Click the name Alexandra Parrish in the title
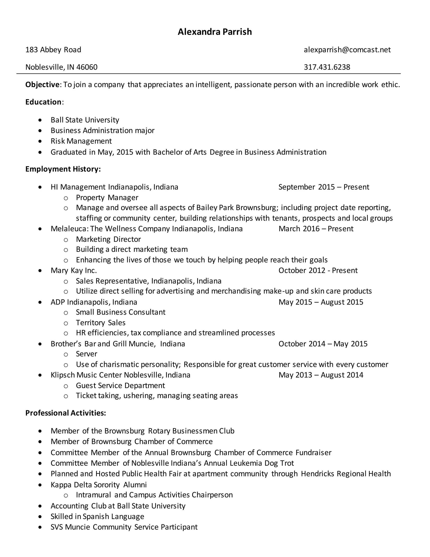point(215,32)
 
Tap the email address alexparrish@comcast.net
point(347,50)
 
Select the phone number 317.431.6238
point(327,67)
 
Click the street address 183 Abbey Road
point(53,50)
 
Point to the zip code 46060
point(87,67)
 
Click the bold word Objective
point(42,85)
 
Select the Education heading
point(43,102)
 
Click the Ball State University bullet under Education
point(85,120)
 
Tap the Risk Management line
point(81,141)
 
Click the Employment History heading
point(63,169)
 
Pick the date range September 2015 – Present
point(324,187)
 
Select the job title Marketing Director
point(108,239)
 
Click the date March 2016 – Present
point(316,228)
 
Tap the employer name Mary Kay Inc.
point(74,270)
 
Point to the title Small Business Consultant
point(121,312)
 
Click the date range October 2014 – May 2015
point(323,344)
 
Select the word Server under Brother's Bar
point(86,354)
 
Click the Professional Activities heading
point(66,413)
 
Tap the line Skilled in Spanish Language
point(97,516)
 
